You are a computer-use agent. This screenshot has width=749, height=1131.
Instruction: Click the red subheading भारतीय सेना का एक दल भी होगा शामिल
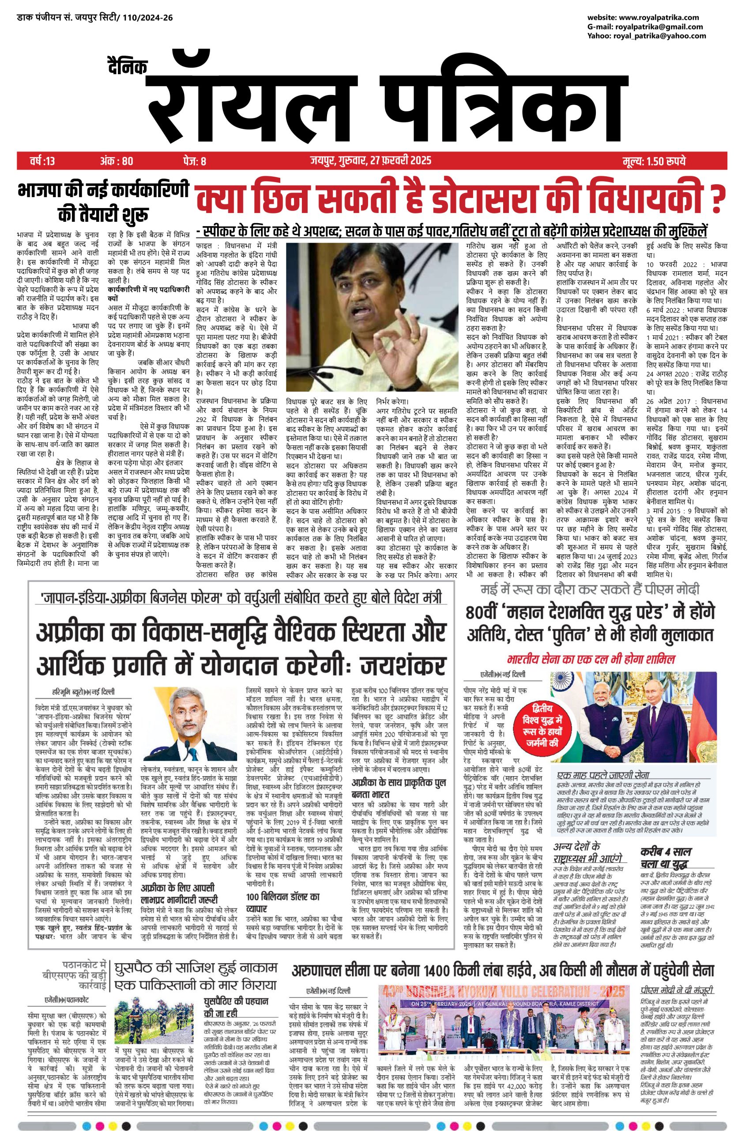pyautogui.click(x=591, y=659)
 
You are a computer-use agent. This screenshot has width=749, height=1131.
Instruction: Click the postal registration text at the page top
pyautogui.click(x=95, y=18)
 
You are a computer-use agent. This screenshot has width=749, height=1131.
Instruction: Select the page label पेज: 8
pyautogui.click(x=193, y=161)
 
